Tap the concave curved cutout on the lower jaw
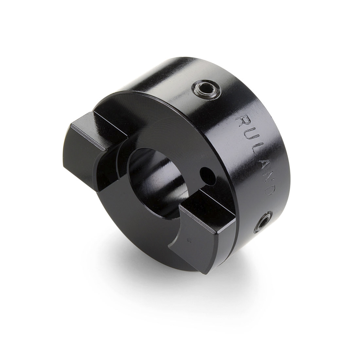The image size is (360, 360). [177, 231]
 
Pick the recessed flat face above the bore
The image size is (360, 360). [162, 126]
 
